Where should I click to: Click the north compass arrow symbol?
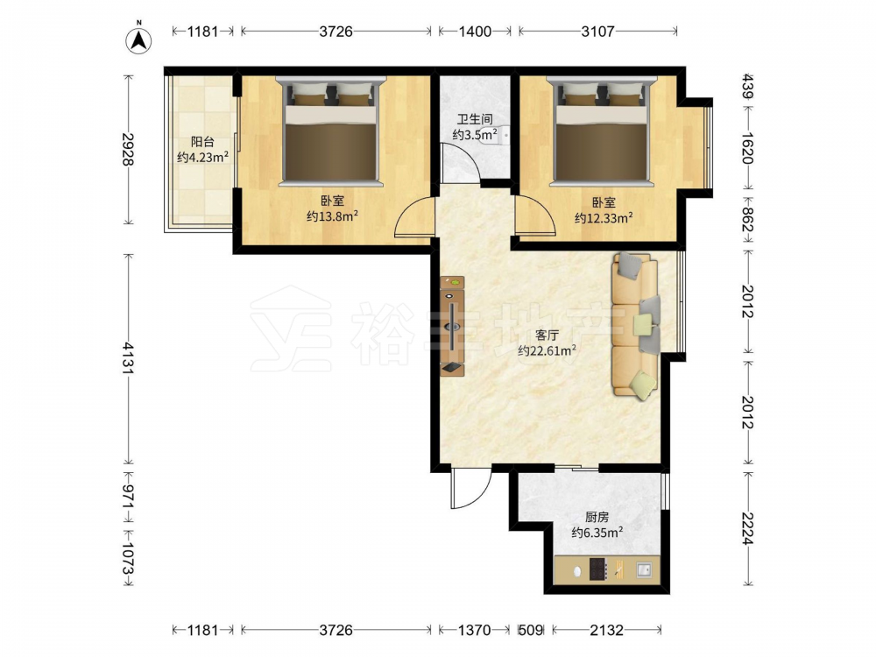coord(138,39)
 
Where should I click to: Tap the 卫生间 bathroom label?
coord(475,119)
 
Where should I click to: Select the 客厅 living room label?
coord(547,336)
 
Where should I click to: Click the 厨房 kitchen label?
coord(597,518)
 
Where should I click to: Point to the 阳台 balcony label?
coord(202,142)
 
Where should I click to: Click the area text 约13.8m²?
coord(332,216)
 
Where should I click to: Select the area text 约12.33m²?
coord(604,218)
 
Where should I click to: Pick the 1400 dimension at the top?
coord(475,32)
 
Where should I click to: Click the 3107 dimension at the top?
coord(597,32)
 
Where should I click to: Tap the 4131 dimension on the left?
coord(129,358)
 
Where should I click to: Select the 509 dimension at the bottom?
coord(531,630)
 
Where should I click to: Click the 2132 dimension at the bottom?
coord(607,630)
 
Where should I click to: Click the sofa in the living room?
coord(637,326)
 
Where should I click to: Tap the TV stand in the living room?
coord(452,326)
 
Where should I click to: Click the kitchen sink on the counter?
coord(644,570)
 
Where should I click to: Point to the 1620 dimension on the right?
coord(747,148)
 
